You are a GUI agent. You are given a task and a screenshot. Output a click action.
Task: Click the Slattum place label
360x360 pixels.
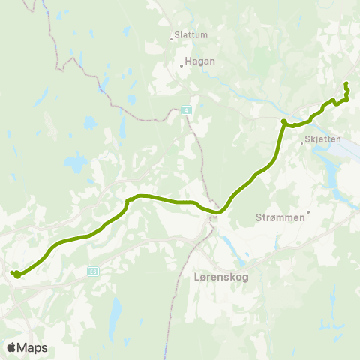pos(190,34)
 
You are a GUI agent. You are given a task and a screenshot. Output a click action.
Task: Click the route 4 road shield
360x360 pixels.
pos(187,109)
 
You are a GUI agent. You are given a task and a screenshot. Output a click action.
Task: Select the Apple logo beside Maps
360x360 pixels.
pos(11,347)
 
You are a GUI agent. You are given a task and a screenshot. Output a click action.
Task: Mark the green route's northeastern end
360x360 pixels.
pos(346,84)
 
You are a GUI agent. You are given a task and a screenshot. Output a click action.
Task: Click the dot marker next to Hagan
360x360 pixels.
pos(181,65)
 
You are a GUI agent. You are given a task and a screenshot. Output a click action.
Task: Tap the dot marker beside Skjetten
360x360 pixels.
pos(301,142)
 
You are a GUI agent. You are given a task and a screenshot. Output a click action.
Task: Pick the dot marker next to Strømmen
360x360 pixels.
pos(307,212)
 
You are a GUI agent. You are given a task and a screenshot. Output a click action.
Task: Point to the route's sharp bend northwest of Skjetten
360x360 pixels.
pos(283,121)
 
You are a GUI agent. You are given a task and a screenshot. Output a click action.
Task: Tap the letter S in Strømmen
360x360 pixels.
pos(259,218)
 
